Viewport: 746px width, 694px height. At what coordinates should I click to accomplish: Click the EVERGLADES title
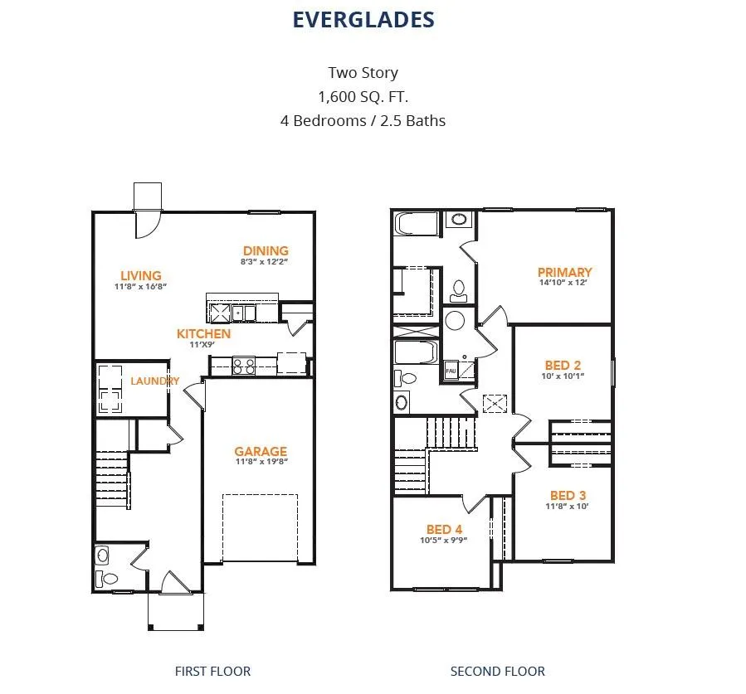pyautogui.click(x=363, y=20)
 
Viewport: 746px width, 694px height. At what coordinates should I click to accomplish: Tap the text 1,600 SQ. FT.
pyautogui.click(x=363, y=97)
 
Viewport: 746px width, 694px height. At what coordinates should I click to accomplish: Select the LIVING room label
pyautogui.click(x=141, y=276)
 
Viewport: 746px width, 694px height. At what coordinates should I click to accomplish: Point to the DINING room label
pyautogui.click(x=266, y=250)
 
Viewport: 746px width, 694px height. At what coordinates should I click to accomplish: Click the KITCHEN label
pyautogui.click(x=203, y=333)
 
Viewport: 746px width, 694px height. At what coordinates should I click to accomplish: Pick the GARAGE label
pyautogui.click(x=261, y=451)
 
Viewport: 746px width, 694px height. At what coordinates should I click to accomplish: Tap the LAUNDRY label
pyautogui.click(x=154, y=381)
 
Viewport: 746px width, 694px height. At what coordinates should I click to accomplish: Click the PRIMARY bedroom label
pyautogui.click(x=565, y=272)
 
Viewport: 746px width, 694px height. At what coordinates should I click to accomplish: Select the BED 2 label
pyautogui.click(x=563, y=365)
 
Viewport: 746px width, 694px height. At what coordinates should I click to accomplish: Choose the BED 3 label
pyautogui.click(x=568, y=495)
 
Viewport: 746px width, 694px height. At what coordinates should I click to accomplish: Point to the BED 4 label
pyautogui.click(x=445, y=529)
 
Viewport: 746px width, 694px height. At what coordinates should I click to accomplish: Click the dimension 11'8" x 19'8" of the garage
pyautogui.click(x=261, y=462)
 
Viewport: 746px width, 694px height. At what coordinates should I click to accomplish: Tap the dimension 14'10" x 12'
pyautogui.click(x=563, y=283)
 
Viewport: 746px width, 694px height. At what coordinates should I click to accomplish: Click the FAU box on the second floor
pyautogui.click(x=451, y=371)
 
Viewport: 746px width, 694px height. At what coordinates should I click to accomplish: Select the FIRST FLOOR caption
pyautogui.click(x=212, y=671)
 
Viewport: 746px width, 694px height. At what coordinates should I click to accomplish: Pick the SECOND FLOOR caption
pyautogui.click(x=498, y=671)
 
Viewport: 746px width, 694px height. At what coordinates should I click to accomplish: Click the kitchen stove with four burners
pyautogui.click(x=244, y=366)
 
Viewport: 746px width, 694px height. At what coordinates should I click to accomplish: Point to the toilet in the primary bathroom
pyautogui.click(x=459, y=291)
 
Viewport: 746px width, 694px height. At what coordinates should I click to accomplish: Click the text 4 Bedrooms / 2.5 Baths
pyautogui.click(x=363, y=121)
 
